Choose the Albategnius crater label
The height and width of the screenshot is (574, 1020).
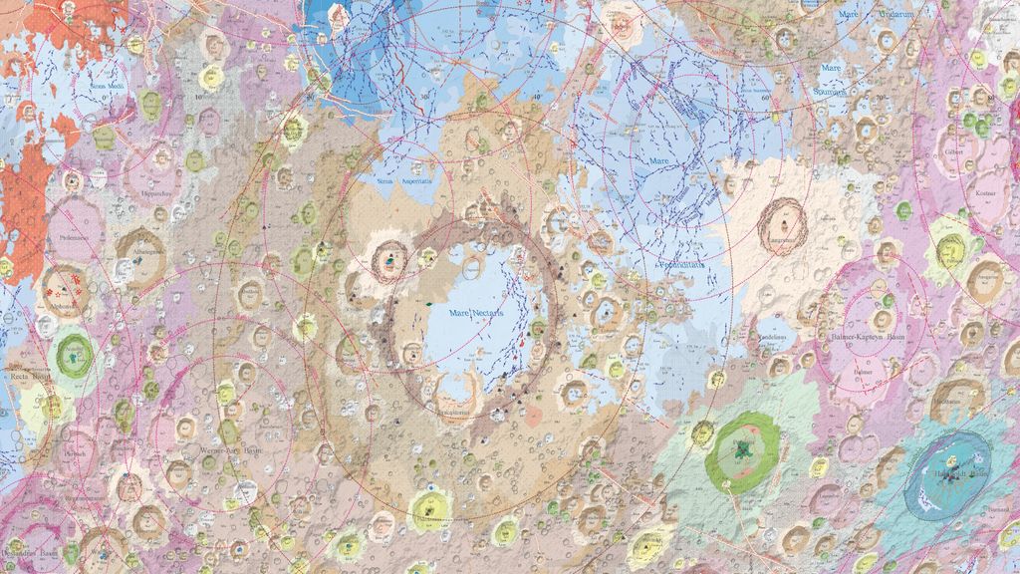coord(141,253)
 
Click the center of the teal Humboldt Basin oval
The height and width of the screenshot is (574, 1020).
coord(947,472)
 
